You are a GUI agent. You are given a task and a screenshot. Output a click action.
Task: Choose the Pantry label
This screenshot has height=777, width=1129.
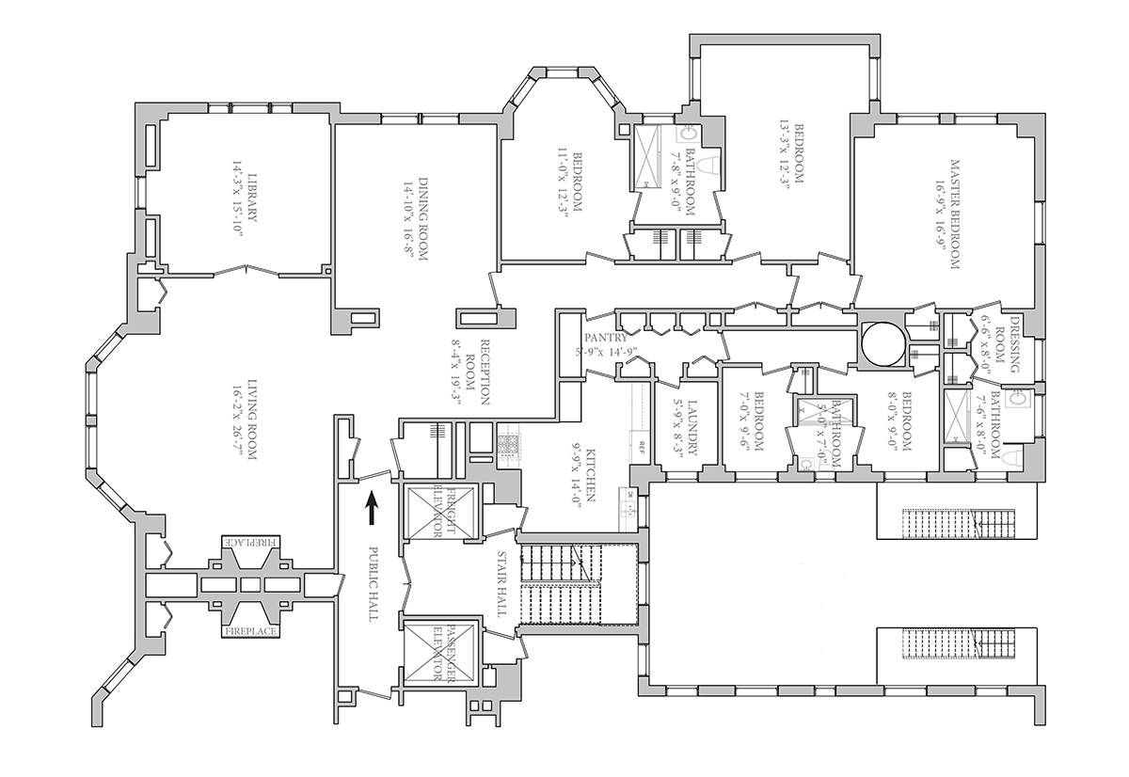(x=606, y=338)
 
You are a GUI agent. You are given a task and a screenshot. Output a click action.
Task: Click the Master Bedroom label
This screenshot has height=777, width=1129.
(x=954, y=214)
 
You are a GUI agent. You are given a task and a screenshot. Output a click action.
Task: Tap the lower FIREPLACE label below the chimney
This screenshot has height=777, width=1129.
(x=249, y=631)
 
